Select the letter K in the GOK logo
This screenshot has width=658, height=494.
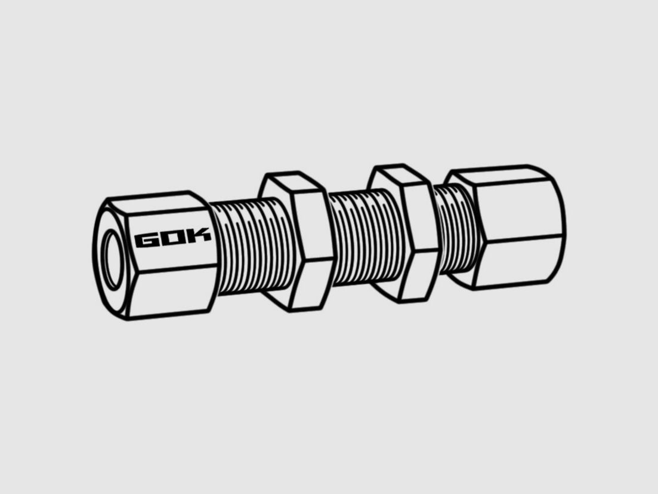197,235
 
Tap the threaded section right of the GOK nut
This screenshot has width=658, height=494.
252,246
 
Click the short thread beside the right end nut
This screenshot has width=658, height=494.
455,229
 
